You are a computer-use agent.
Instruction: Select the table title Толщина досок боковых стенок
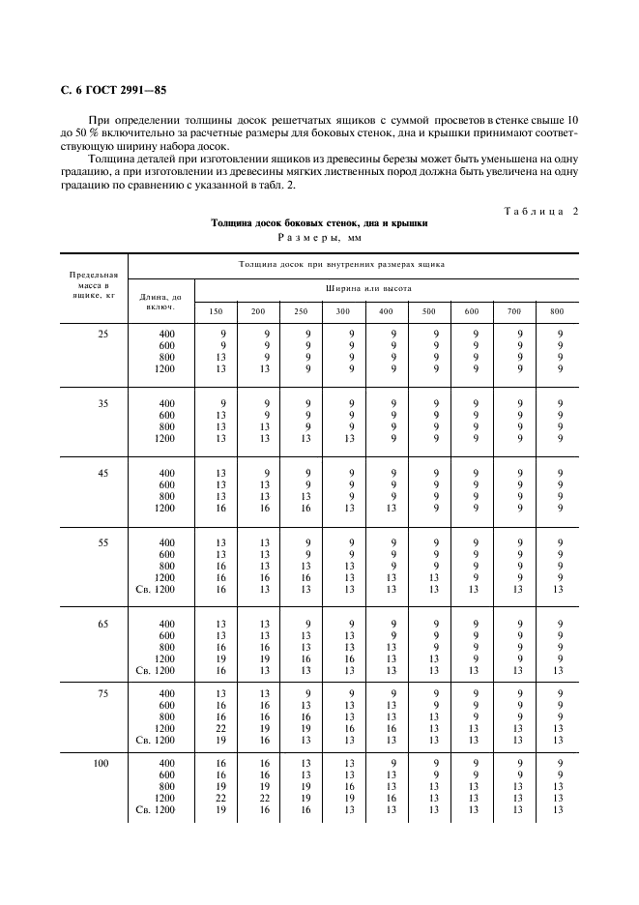(x=319, y=222)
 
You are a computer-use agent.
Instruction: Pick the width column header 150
(x=217, y=311)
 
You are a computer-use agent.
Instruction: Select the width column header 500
(x=428, y=311)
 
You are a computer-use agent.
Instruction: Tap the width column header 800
(x=557, y=311)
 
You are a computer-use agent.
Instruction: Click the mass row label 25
(x=102, y=335)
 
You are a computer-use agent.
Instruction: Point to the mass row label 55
(x=102, y=543)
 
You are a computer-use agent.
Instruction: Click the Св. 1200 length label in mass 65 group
(x=157, y=670)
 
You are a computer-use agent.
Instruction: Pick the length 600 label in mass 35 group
(x=166, y=416)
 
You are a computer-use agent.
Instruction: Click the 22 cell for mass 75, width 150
(x=221, y=728)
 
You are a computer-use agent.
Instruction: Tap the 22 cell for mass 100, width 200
(x=259, y=798)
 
